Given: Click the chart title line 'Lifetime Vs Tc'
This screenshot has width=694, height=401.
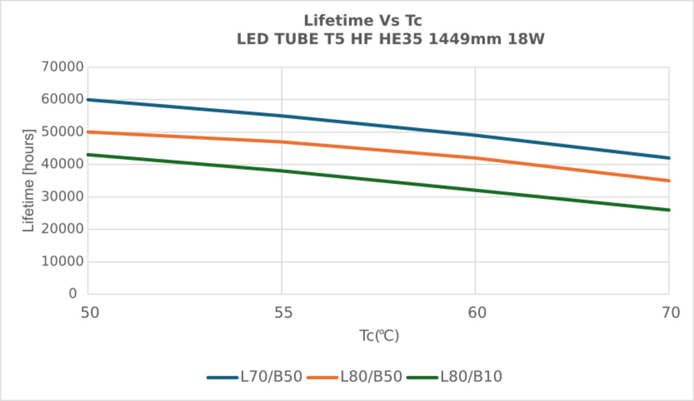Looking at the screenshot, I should click(362, 21).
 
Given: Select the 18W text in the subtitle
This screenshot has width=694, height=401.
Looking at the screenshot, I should click(527, 40).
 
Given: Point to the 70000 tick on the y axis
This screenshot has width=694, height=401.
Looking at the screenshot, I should click(62, 67).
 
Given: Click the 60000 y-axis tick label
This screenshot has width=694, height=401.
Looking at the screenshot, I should click(62, 99).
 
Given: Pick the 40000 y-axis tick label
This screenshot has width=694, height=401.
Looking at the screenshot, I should click(62, 164).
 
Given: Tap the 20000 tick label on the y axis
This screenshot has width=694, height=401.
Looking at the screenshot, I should click(62, 229).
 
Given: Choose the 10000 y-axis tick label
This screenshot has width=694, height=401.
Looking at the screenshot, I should click(62, 262).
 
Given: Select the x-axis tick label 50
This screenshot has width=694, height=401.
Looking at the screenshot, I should click(89, 313).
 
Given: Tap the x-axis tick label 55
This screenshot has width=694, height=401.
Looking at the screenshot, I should click(282, 313).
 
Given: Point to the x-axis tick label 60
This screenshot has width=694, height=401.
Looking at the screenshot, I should click(475, 313).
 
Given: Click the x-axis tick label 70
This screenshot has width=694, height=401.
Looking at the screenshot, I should click(669, 313).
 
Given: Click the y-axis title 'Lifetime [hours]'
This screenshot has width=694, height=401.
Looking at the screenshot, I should click(28, 180).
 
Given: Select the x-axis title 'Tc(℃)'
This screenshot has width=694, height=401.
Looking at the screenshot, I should click(379, 336).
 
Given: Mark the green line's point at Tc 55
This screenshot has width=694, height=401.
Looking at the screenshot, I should click(282, 171).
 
